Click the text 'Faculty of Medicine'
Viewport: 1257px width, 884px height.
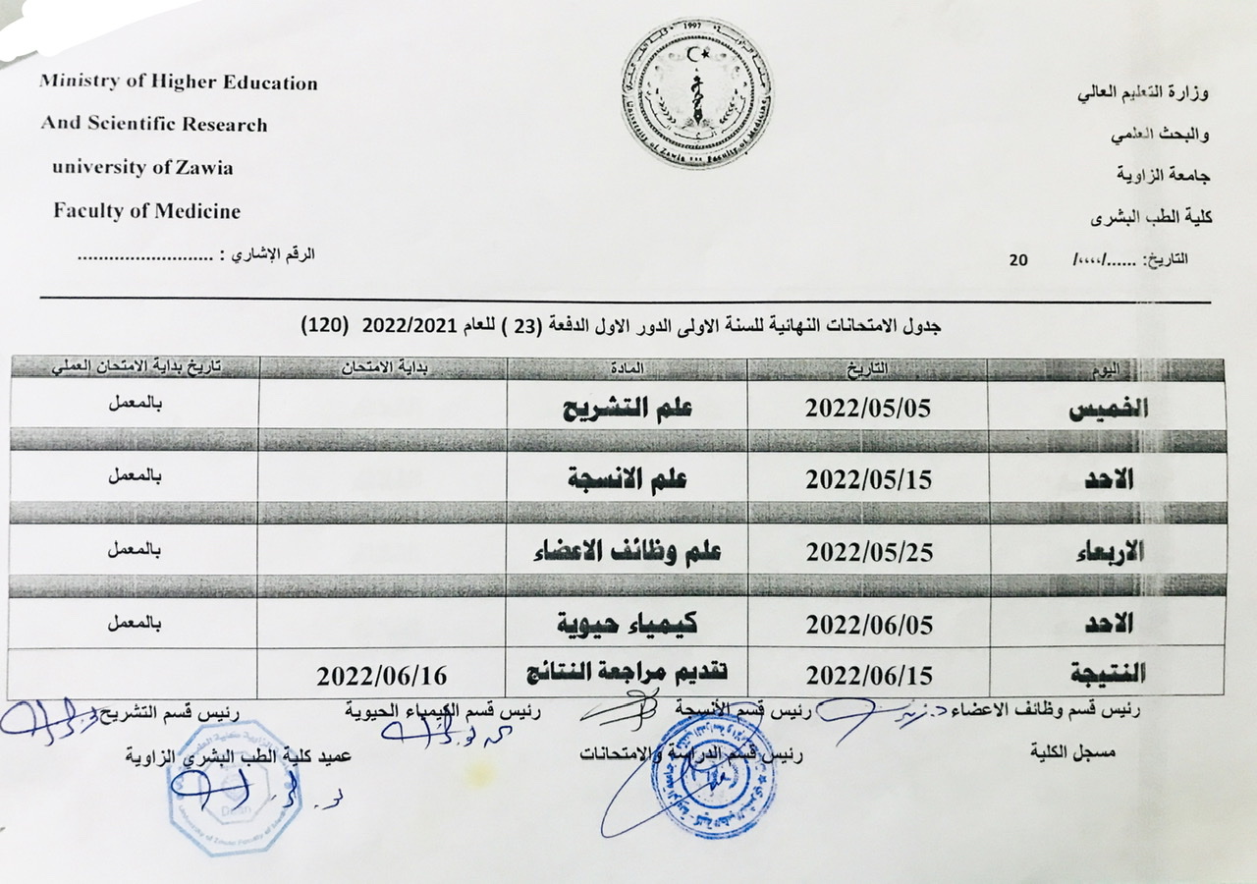146,211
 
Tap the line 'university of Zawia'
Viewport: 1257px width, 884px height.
142,167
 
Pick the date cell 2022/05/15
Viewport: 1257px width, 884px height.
868,479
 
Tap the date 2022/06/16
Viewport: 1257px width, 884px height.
382,676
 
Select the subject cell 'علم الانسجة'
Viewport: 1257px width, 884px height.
628,479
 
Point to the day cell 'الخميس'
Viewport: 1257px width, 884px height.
1108,411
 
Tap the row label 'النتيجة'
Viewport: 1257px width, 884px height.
1104,675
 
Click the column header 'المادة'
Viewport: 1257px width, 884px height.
628,368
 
